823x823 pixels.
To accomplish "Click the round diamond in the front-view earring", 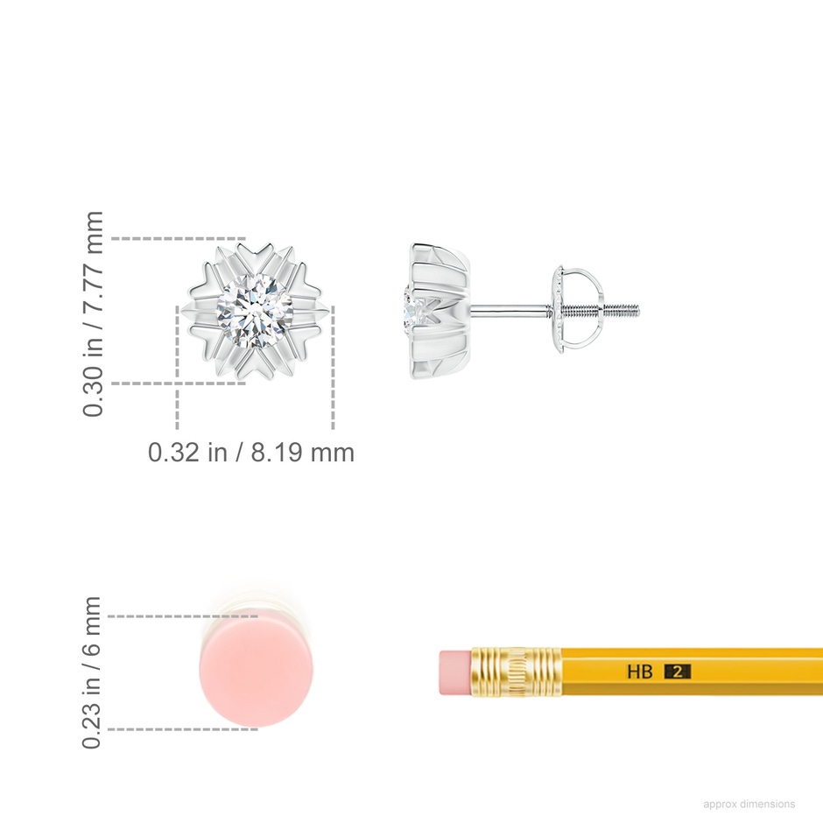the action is coord(255,311).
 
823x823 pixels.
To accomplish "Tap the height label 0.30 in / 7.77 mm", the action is coord(93,313).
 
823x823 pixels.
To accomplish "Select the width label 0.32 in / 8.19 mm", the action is coord(251,452).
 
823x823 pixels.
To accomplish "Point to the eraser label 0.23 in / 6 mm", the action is coord(91,672).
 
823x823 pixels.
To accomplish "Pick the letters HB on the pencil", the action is coord(640,672).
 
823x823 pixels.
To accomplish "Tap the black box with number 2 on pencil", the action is coord(678,672).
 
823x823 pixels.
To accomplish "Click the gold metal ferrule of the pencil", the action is coord(516,672).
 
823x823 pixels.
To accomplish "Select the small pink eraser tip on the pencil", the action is coord(455,672).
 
